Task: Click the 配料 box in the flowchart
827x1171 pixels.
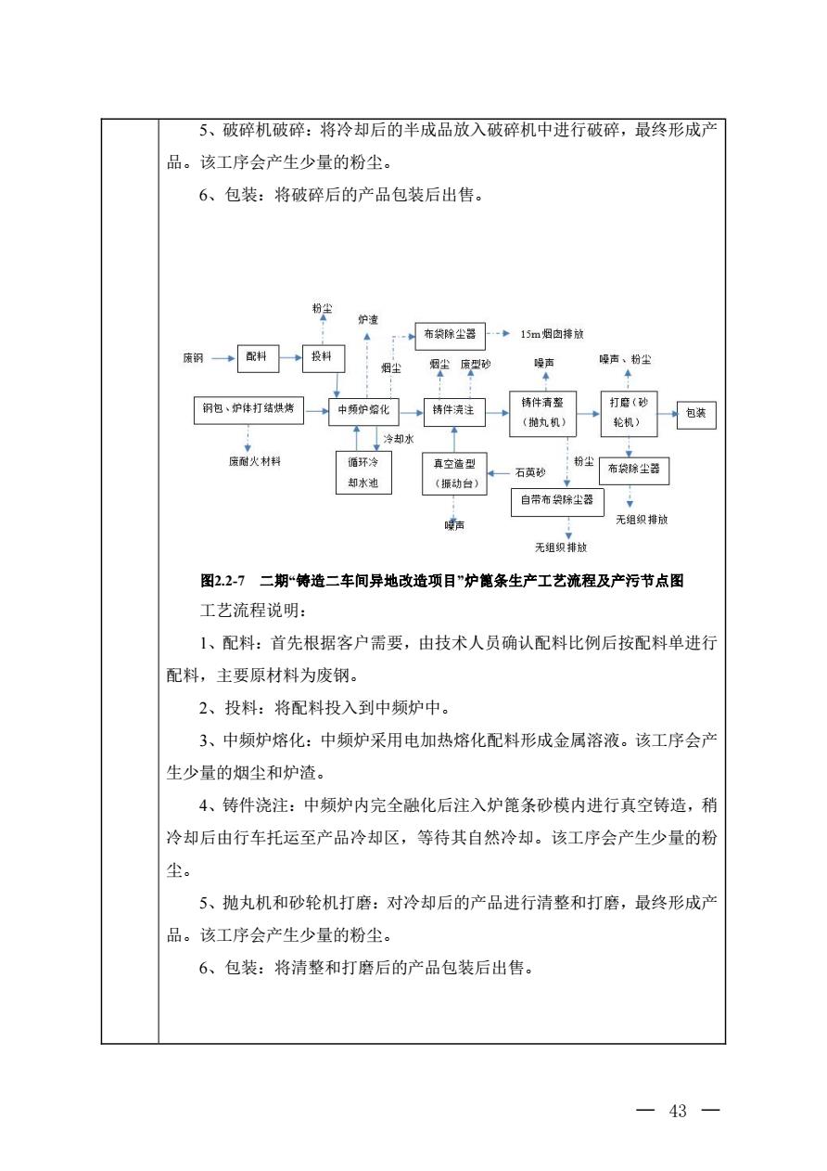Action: pos(257,356)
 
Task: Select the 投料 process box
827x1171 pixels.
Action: pos(323,356)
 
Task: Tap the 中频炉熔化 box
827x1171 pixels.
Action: pos(363,410)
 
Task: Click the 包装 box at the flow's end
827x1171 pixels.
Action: pos(696,414)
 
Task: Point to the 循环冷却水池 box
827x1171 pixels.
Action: pos(363,470)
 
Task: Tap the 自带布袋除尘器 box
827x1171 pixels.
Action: pos(558,502)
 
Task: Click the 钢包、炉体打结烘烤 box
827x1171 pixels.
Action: pos(248,410)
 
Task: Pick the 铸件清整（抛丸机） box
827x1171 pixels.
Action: pos(543,413)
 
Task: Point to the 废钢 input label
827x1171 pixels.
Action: pos(193,357)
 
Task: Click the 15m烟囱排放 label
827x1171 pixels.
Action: pos(553,333)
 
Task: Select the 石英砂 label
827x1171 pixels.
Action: pos(531,472)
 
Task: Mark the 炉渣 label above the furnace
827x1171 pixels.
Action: pos(367,319)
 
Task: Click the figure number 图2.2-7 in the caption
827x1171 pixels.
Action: pos(222,582)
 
